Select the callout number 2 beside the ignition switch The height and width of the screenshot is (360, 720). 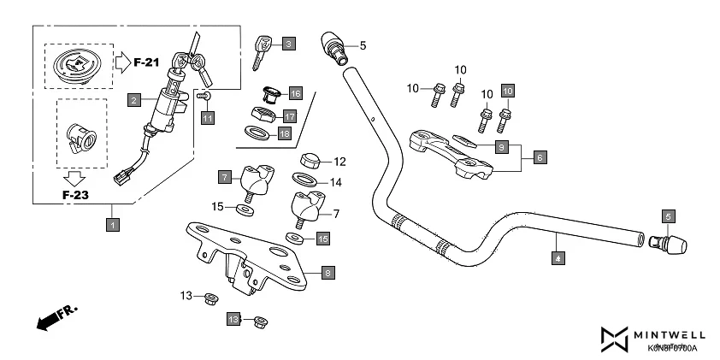click(134, 100)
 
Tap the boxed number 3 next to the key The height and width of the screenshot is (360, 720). click(289, 43)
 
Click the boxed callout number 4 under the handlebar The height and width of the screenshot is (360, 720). click(558, 256)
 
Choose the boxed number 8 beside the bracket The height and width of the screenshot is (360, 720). click(328, 274)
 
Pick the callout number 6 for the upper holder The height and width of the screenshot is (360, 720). click(540, 157)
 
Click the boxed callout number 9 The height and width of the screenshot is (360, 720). click(503, 147)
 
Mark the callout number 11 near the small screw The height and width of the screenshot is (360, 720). click(207, 118)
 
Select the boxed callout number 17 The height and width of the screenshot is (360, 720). click(291, 115)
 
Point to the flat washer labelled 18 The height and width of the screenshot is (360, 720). click(256, 132)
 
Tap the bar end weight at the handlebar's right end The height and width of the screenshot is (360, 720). click(672, 244)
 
